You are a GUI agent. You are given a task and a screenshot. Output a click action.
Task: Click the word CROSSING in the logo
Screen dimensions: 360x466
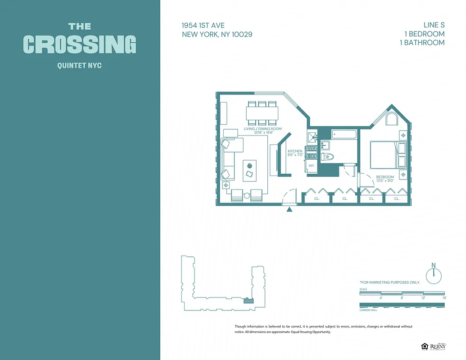(x=80, y=45)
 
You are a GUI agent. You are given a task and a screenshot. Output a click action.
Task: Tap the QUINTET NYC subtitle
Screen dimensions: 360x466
(x=80, y=66)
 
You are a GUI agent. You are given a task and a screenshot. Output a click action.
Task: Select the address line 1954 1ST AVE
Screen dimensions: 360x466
(x=203, y=25)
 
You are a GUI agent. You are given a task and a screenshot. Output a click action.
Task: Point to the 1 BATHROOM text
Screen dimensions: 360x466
(x=422, y=43)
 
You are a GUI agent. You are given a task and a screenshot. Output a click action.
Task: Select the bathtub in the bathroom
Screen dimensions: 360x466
(x=344, y=134)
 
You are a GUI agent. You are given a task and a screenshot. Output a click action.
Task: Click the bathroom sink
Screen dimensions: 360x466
(x=325, y=145)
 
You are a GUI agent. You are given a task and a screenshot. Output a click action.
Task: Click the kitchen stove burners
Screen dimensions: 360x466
(x=311, y=152)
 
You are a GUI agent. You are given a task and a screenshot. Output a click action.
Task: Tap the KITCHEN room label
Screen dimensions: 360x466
(x=295, y=151)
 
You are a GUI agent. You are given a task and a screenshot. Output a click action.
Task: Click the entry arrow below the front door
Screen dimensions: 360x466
(x=290, y=209)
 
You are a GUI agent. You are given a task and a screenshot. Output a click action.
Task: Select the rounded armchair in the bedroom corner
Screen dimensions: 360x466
(x=391, y=119)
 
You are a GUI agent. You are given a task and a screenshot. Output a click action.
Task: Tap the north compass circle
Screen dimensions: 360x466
(x=434, y=276)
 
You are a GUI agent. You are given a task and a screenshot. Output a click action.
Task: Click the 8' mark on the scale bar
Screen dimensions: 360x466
(x=402, y=297)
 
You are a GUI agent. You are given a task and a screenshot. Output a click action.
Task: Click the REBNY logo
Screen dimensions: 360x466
(x=437, y=346)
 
